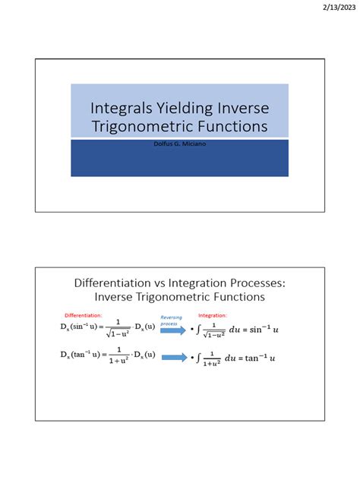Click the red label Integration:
click(x=212, y=314)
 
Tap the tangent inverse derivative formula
click(x=108, y=357)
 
